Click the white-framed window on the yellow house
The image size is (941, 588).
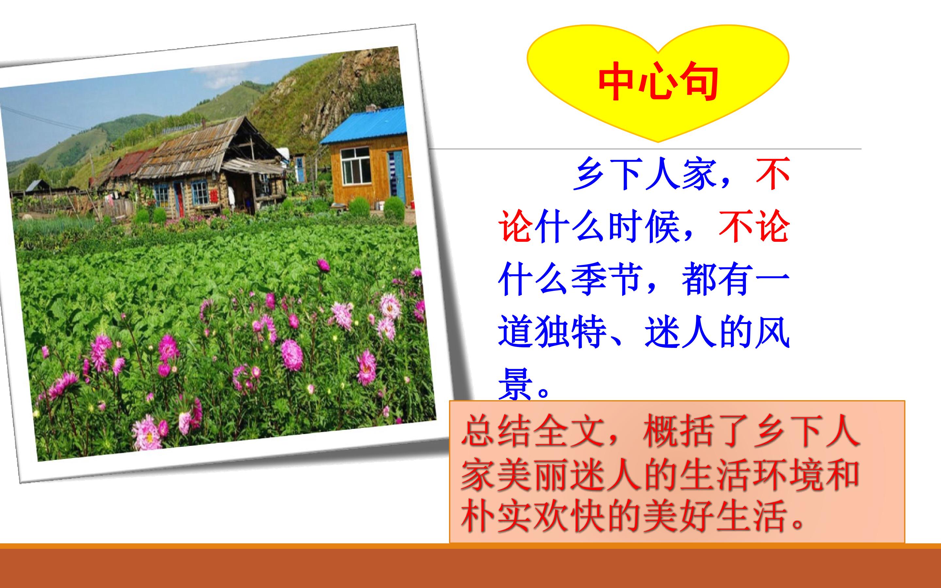(x=355, y=166)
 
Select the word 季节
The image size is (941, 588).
(x=607, y=280)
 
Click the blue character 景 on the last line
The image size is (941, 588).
(x=516, y=384)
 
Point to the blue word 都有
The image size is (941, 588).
(x=717, y=280)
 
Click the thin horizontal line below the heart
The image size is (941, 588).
(x=646, y=149)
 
